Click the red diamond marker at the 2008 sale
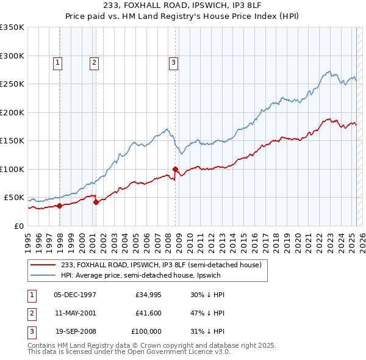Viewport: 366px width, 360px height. point(175,169)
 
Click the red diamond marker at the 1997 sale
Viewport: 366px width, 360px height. point(59,206)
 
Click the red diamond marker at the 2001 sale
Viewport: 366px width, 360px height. point(96,203)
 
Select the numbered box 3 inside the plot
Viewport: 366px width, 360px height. point(174,62)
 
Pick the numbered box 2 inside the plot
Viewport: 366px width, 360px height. point(95,62)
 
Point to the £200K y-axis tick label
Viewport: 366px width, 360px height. point(12,112)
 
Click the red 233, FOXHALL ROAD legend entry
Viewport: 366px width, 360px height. point(161,265)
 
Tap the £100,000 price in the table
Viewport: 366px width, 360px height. point(146,331)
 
